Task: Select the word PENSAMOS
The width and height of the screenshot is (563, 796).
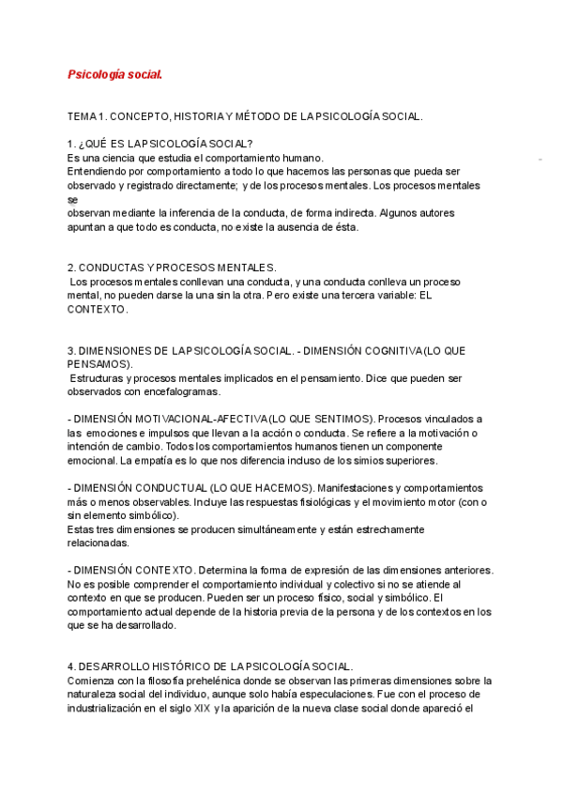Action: [99, 363]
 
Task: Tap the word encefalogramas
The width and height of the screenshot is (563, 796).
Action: [179, 390]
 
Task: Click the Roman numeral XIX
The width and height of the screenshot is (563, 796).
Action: [202, 708]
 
